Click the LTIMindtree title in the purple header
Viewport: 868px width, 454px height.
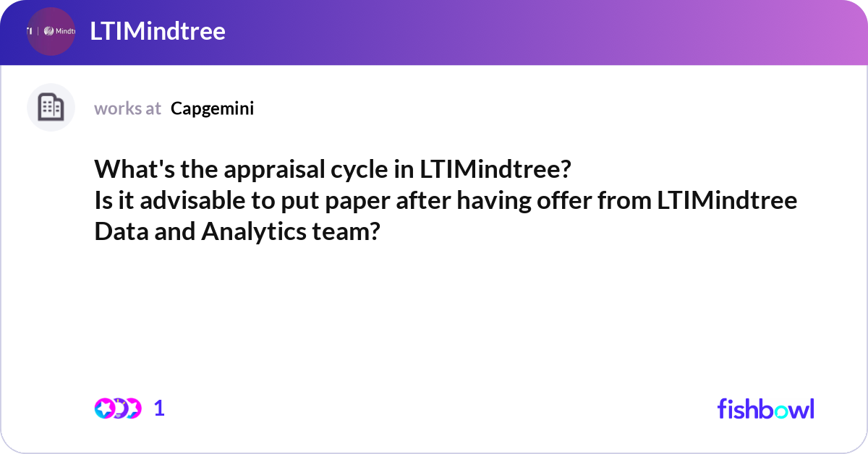[158, 31]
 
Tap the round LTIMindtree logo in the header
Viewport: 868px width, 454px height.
[51, 31]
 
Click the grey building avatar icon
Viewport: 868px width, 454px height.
[51, 108]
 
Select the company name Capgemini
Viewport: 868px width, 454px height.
[213, 108]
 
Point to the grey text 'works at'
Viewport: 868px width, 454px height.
[127, 108]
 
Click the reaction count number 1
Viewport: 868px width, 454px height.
[159, 408]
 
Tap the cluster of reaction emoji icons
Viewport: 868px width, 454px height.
[117, 408]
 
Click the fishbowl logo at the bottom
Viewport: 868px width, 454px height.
[765, 408]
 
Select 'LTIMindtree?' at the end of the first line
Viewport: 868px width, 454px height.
[495, 170]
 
